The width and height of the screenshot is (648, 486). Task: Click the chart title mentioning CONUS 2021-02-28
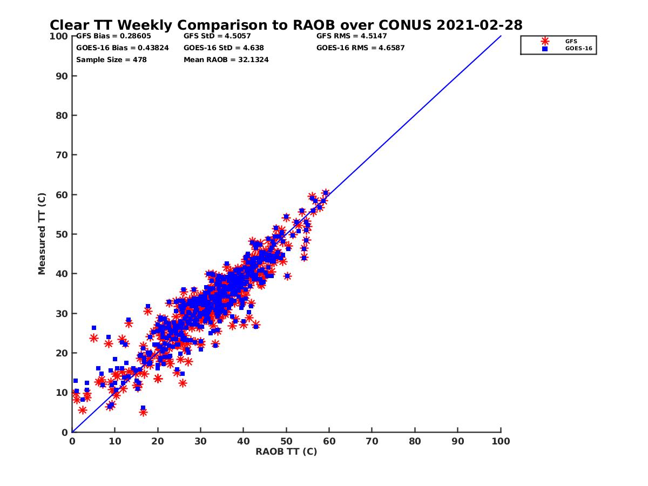pyautogui.click(x=286, y=25)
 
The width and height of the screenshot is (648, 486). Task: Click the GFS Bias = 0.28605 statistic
pyautogui.click(x=113, y=36)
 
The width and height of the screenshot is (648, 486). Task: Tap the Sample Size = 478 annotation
pyautogui.click(x=111, y=59)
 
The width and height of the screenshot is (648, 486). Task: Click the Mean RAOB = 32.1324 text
pyautogui.click(x=226, y=59)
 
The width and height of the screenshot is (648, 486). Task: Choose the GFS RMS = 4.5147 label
pyautogui.click(x=351, y=36)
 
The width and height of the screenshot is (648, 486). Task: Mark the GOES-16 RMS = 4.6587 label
pyautogui.click(x=360, y=48)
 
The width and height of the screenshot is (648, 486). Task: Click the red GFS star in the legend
pyautogui.click(x=545, y=41)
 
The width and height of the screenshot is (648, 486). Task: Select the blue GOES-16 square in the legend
pyautogui.click(x=545, y=49)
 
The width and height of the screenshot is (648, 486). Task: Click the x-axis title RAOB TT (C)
pyautogui.click(x=286, y=451)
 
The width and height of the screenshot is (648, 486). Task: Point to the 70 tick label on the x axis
pyautogui.click(x=372, y=441)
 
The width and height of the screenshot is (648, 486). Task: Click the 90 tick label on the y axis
pyautogui.click(x=62, y=76)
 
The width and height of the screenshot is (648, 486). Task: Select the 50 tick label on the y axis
pyautogui.click(x=62, y=234)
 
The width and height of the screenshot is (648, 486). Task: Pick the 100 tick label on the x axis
pyautogui.click(x=501, y=441)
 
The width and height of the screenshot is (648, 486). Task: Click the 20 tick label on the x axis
pyautogui.click(x=158, y=441)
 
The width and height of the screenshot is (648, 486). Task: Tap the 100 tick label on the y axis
pyautogui.click(x=60, y=36)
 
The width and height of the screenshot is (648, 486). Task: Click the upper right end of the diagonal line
pyautogui.click(x=501, y=36)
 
